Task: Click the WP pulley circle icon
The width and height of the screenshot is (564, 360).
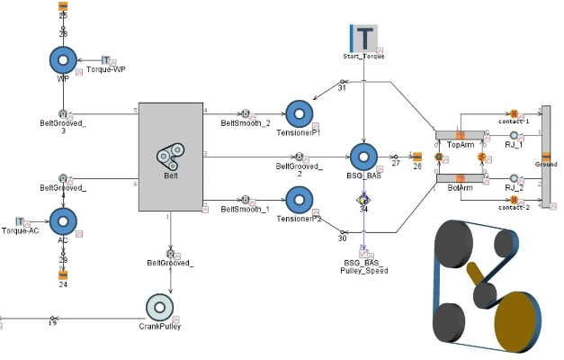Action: click(x=63, y=60)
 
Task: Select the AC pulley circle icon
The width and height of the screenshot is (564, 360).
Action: click(x=63, y=220)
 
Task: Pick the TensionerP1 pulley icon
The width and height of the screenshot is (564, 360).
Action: click(x=299, y=112)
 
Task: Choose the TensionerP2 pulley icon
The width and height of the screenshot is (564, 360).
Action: click(x=299, y=199)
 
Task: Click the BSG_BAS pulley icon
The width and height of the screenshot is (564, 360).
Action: click(x=363, y=157)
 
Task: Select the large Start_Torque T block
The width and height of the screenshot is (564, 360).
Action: click(x=363, y=38)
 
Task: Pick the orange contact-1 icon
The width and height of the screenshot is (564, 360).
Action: click(x=514, y=113)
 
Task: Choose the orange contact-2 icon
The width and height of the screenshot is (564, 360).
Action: click(x=514, y=199)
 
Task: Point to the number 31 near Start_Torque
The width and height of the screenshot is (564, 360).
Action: click(x=342, y=88)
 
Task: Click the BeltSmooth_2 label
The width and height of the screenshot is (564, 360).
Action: click(x=246, y=123)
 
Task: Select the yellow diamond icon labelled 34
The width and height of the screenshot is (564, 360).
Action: click(x=363, y=199)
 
